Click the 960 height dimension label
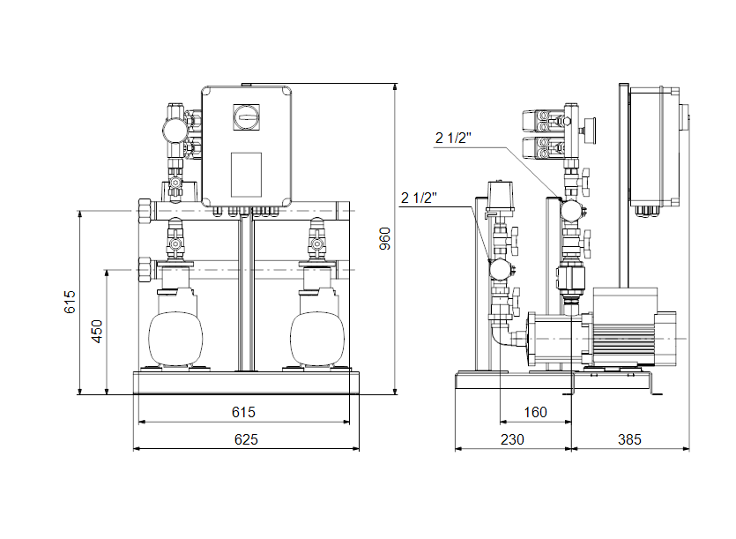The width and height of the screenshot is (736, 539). (384, 238)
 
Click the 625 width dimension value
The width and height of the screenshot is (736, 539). (246, 439)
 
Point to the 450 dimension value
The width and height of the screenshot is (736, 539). (98, 331)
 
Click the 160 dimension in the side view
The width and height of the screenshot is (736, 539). (534, 412)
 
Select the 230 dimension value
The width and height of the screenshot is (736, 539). (512, 439)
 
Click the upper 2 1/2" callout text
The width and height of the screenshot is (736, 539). (454, 137)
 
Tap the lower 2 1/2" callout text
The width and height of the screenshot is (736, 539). (419, 197)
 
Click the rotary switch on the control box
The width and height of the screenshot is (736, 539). (246, 115)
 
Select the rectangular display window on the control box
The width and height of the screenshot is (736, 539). (246, 175)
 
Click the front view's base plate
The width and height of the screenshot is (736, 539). (245, 383)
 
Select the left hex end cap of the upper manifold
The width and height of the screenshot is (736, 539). (145, 213)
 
